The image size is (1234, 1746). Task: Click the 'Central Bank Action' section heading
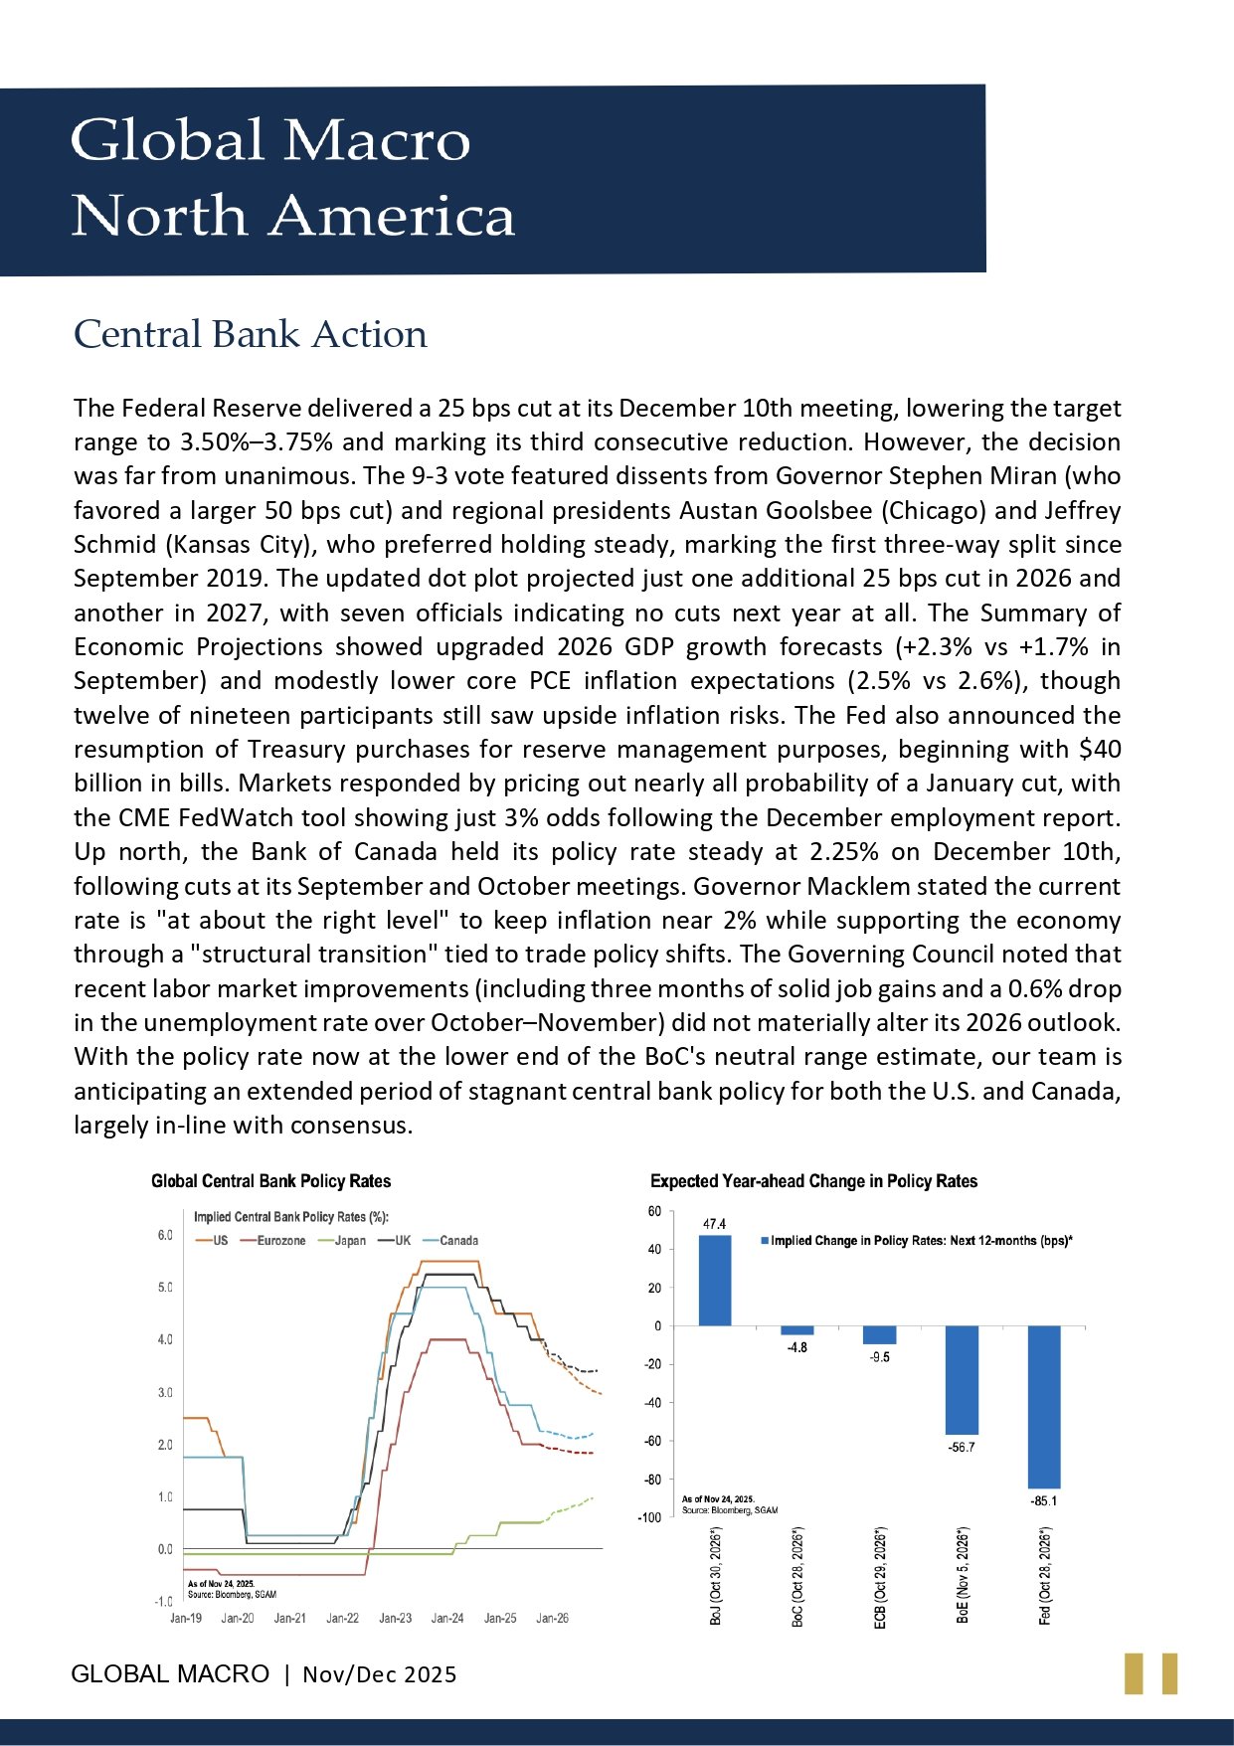(x=251, y=334)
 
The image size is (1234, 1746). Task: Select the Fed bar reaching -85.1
(x=1044, y=1406)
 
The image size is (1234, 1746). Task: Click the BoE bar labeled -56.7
(x=962, y=1379)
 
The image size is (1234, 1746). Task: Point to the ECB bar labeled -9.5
(x=879, y=1334)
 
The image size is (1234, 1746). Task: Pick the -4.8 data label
(x=796, y=1347)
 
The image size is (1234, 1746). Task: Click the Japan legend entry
(x=349, y=1241)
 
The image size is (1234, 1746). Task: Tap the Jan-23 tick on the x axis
(x=395, y=1618)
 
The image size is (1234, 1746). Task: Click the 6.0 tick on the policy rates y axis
(x=165, y=1235)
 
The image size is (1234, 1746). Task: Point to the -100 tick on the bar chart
(x=648, y=1517)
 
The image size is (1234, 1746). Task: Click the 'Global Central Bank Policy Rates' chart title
(x=270, y=1181)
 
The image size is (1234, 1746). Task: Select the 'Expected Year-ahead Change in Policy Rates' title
(x=813, y=1181)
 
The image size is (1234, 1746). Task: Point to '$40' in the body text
(x=1100, y=749)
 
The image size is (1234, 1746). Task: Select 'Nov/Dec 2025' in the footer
(x=380, y=1674)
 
